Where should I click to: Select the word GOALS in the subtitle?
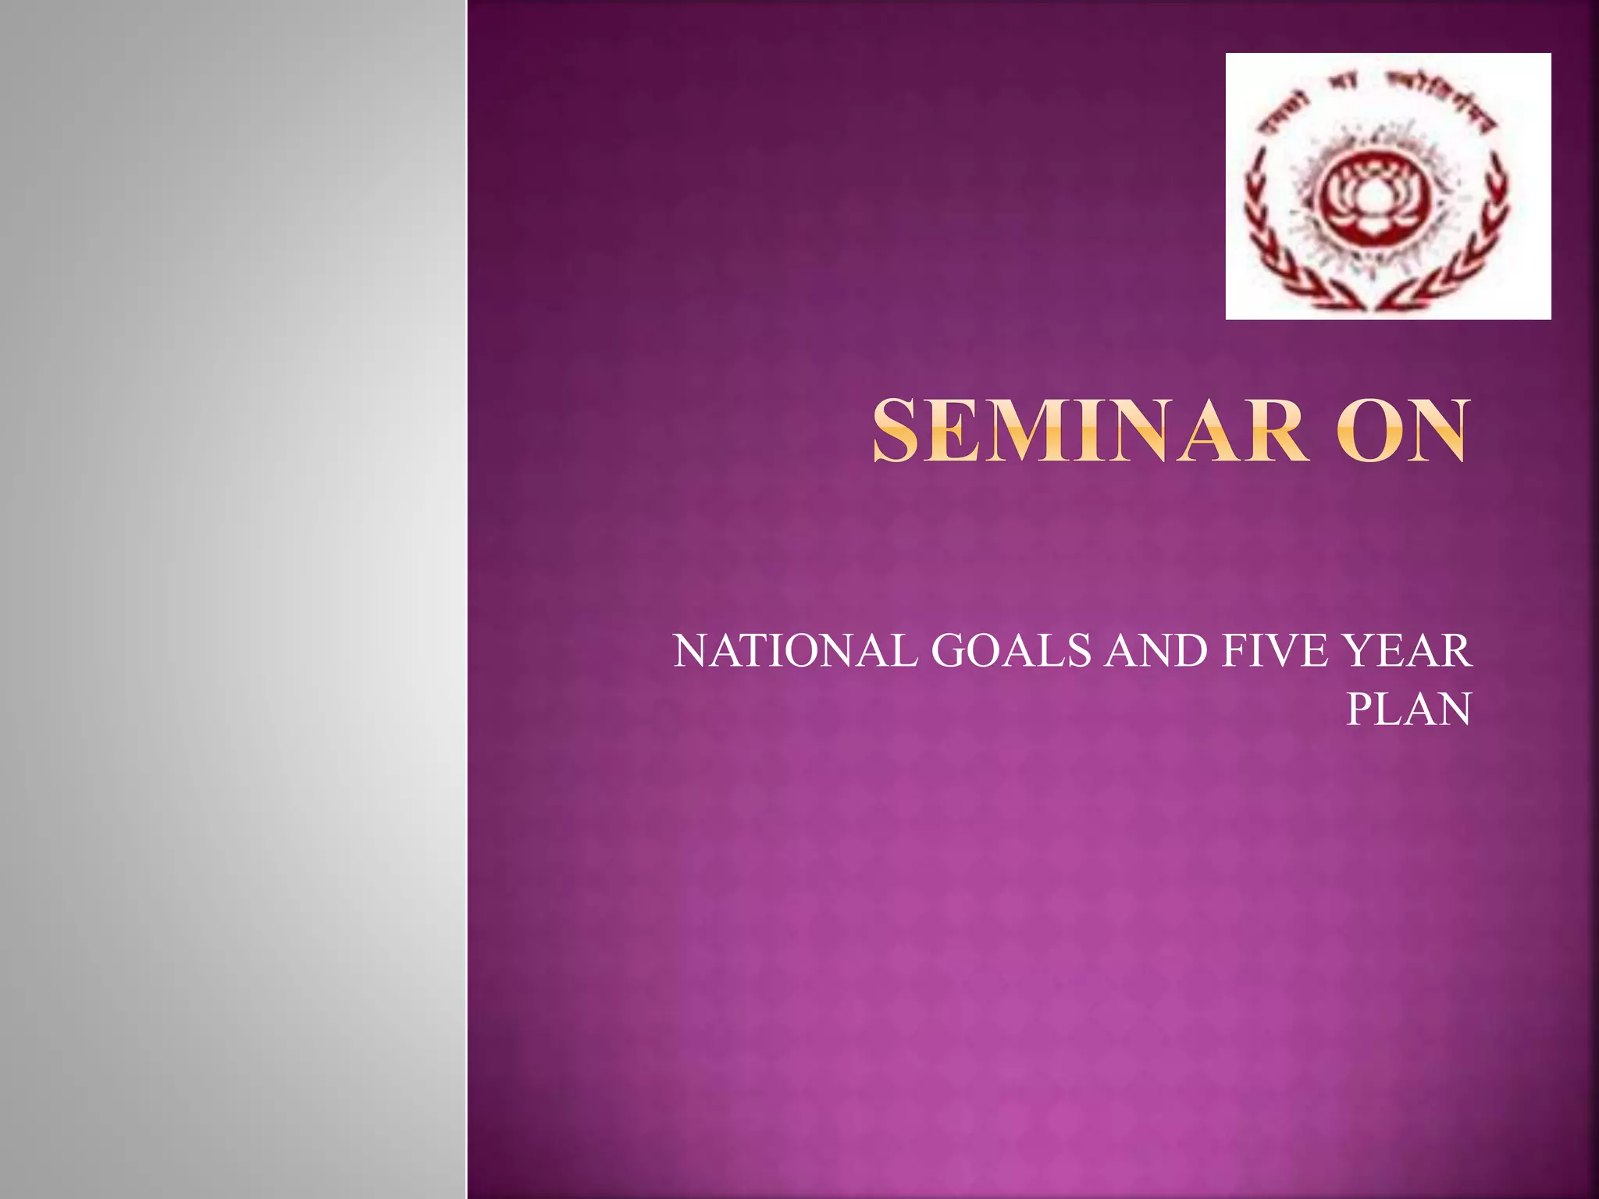pos(1011,651)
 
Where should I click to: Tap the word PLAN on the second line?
pos(1408,710)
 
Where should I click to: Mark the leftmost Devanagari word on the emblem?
pos(1288,109)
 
